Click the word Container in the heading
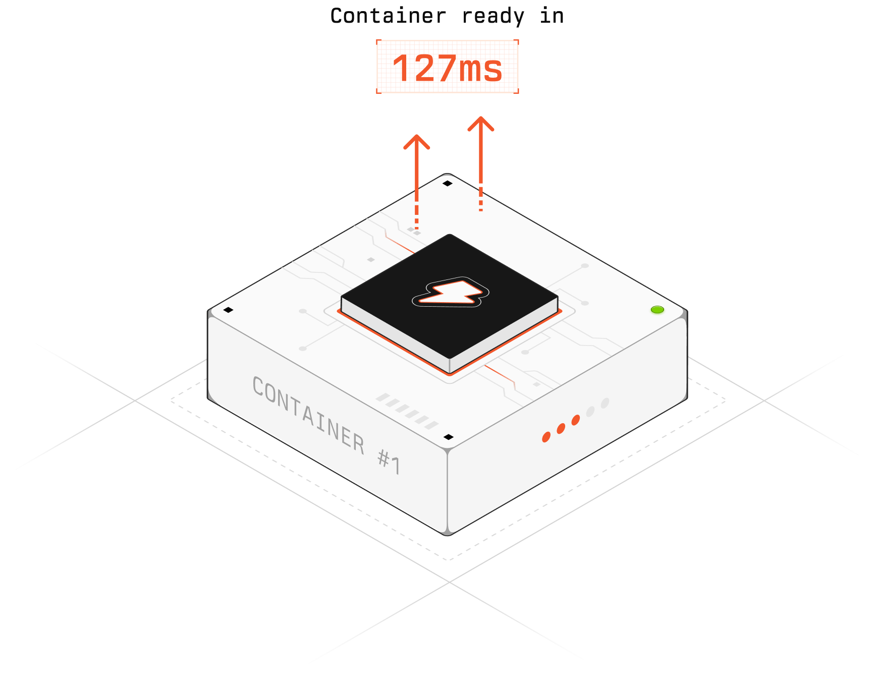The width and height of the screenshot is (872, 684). coord(388,16)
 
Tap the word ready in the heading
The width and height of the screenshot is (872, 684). coord(493,16)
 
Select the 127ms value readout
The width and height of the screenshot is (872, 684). coord(448,67)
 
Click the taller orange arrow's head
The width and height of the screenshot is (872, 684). coord(481,123)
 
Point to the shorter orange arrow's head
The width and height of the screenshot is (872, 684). coord(417,141)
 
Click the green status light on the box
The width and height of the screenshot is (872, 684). coord(657,309)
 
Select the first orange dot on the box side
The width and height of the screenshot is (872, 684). coord(546,437)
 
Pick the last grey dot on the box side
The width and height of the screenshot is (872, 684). coord(605,403)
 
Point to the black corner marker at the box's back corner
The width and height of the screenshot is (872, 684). coord(448,183)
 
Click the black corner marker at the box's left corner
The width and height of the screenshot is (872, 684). coord(228,310)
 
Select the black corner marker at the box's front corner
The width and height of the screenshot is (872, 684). coord(448,437)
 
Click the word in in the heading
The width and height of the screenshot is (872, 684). coord(552,16)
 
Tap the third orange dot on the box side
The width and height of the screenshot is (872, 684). coord(575,420)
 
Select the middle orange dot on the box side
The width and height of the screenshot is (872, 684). coord(561,429)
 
